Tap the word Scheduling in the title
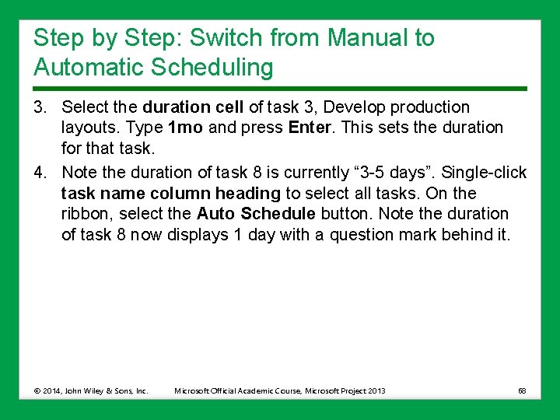point(215,68)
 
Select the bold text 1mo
point(186,128)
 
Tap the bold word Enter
point(310,128)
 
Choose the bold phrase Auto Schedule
point(256,214)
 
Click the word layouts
point(86,128)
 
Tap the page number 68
point(522,390)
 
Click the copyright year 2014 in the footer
point(53,390)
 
